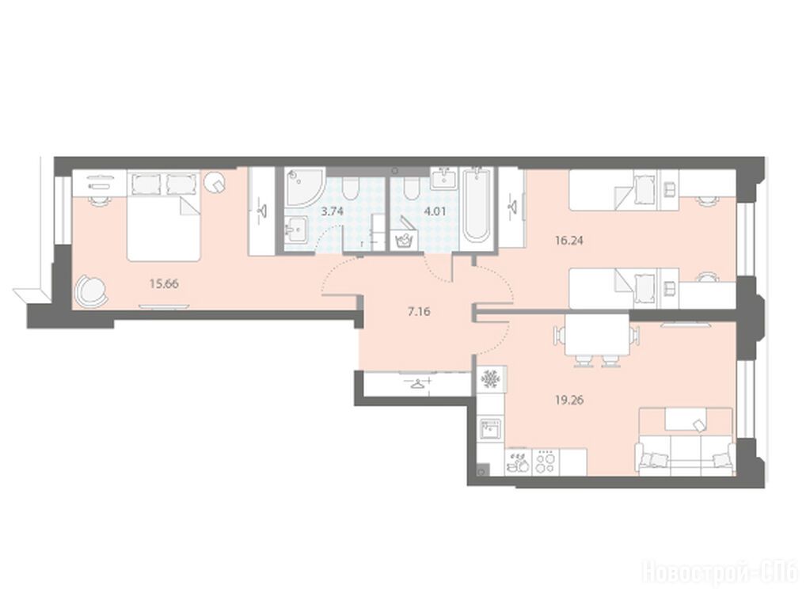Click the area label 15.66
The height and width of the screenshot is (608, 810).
(x=164, y=283)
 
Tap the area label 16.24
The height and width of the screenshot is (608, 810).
(x=569, y=240)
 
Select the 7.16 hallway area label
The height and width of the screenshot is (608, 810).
(x=419, y=311)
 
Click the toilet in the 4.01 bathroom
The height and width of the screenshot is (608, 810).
(x=412, y=189)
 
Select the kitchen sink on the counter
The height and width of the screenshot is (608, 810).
(x=490, y=430)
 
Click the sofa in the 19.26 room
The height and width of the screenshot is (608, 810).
(x=686, y=441)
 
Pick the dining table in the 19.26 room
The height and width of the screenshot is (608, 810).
(x=597, y=335)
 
